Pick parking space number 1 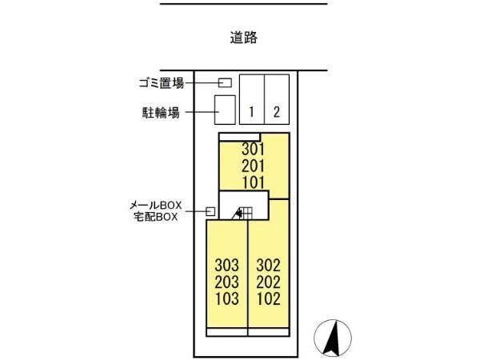click(x=251, y=112)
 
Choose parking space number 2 click(x=276, y=112)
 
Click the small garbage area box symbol click(x=226, y=82)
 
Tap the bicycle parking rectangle click(x=225, y=110)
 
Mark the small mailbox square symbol click(x=210, y=211)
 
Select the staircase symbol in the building click(x=242, y=212)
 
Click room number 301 click(x=253, y=149)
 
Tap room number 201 click(x=253, y=165)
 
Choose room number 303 click(x=226, y=265)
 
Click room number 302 click(x=268, y=265)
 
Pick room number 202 click(x=268, y=282)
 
